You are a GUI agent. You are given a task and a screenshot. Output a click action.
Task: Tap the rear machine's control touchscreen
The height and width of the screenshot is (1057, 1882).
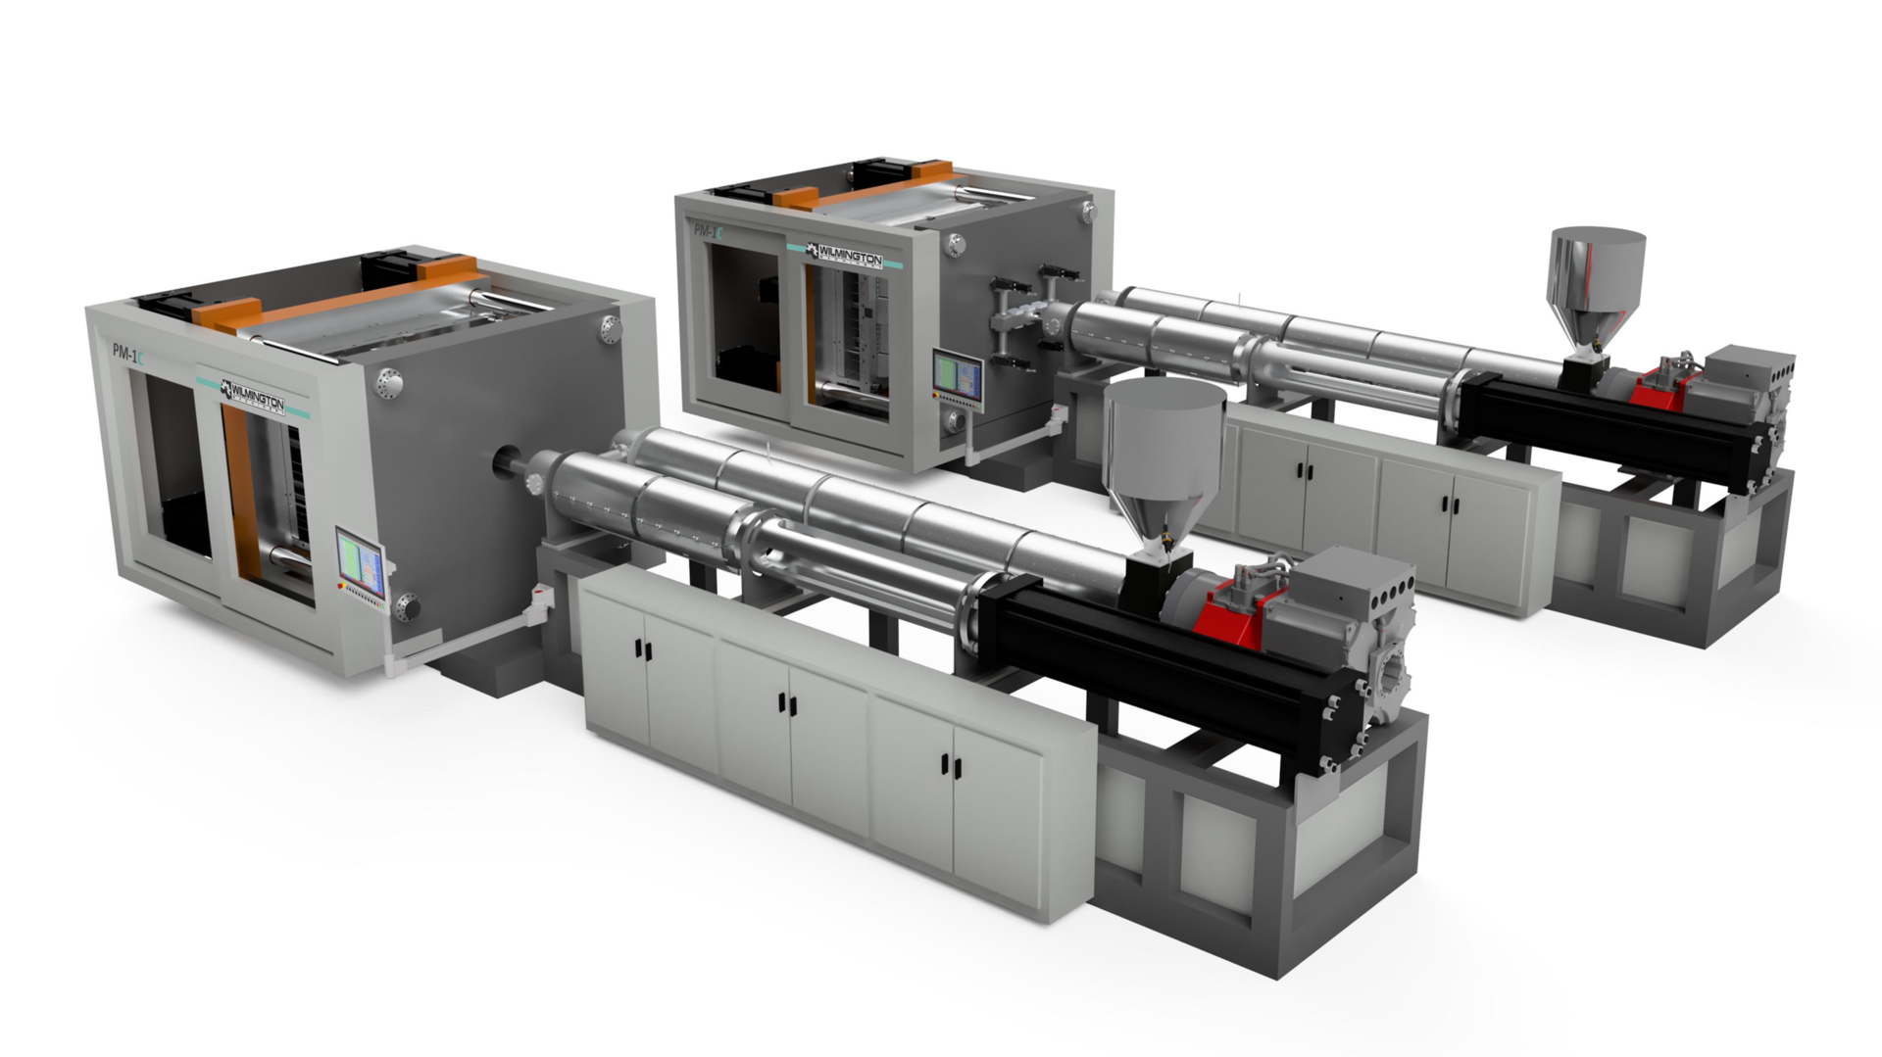point(958,374)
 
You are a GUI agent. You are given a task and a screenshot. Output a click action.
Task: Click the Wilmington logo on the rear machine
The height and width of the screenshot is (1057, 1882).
point(844,256)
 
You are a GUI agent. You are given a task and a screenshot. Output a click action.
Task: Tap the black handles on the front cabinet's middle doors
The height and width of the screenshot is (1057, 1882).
point(784,702)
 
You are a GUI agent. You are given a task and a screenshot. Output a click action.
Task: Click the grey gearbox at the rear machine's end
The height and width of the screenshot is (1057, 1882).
point(1755,372)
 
